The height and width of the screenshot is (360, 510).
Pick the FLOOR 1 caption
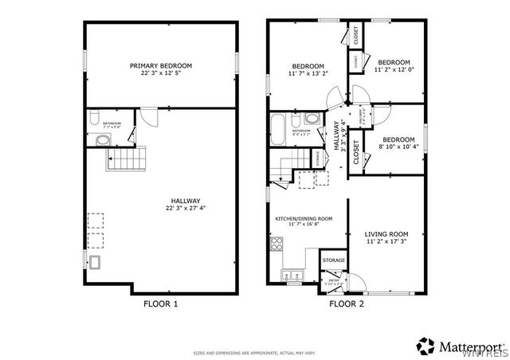click(161, 303)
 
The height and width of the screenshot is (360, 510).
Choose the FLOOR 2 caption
click(347, 303)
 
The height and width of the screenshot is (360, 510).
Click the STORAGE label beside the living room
click(333, 260)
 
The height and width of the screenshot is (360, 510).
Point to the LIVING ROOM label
click(386, 233)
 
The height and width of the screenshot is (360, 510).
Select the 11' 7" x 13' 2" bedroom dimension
click(307, 73)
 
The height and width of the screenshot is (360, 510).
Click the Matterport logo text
click(470, 346)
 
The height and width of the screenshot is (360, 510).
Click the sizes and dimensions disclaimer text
click(253, 351)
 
